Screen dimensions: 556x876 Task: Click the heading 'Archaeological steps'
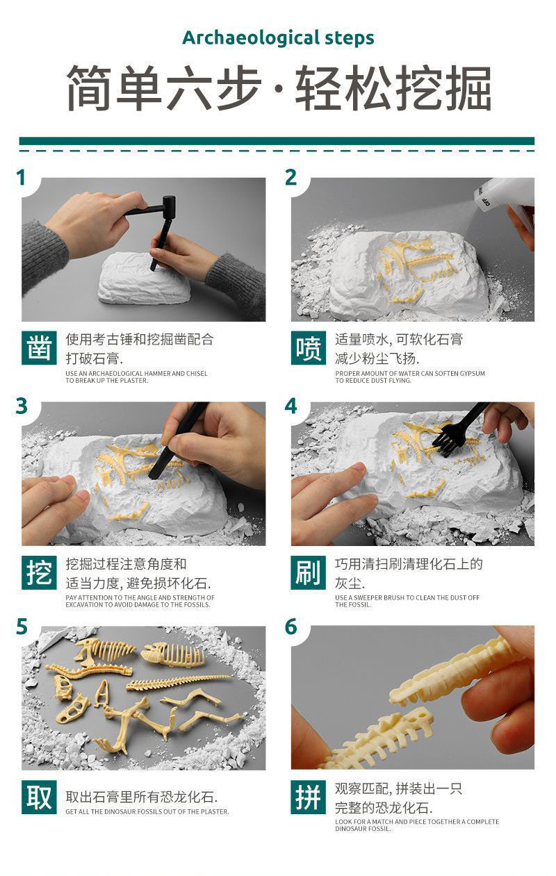278,39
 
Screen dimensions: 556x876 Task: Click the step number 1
21,178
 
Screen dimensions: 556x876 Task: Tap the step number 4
291,406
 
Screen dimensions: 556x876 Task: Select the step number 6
291,627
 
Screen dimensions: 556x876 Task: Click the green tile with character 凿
39,347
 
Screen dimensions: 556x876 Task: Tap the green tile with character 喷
308,347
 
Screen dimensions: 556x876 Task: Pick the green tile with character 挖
39,572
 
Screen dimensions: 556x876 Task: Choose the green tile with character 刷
308,572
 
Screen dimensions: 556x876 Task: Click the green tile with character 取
39,797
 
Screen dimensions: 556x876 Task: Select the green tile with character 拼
308,797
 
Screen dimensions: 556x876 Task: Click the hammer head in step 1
169,204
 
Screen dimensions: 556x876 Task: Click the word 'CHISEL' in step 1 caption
197,374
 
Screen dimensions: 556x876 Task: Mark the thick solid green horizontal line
277,141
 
